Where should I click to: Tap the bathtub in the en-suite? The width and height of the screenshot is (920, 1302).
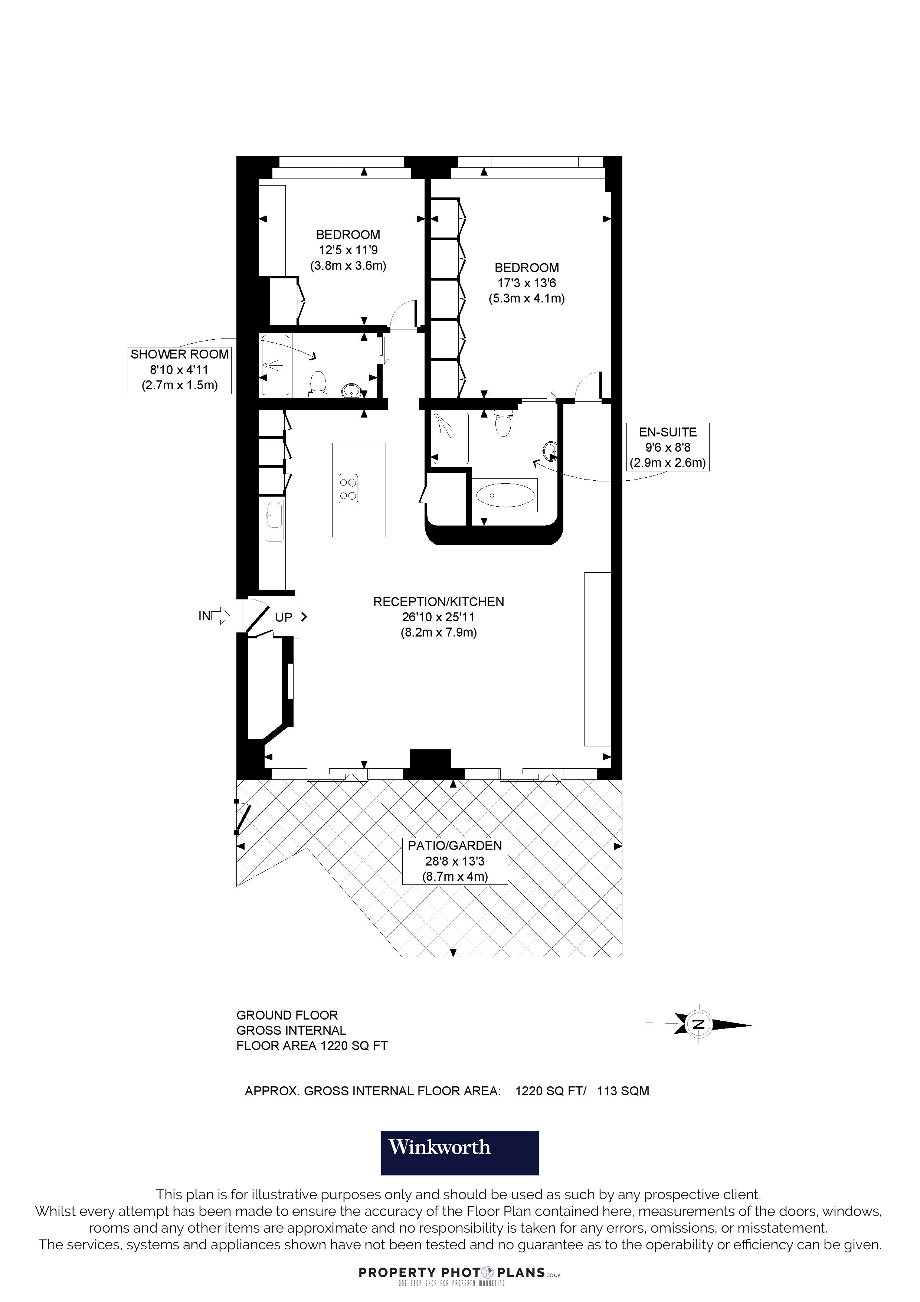(504, 495)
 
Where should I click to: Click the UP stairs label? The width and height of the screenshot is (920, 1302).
(284, 617)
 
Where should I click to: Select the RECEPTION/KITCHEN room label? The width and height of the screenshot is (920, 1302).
(438, 602)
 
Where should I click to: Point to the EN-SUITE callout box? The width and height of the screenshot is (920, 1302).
(667, 447)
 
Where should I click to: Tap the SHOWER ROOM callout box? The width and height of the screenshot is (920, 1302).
(180, 370)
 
